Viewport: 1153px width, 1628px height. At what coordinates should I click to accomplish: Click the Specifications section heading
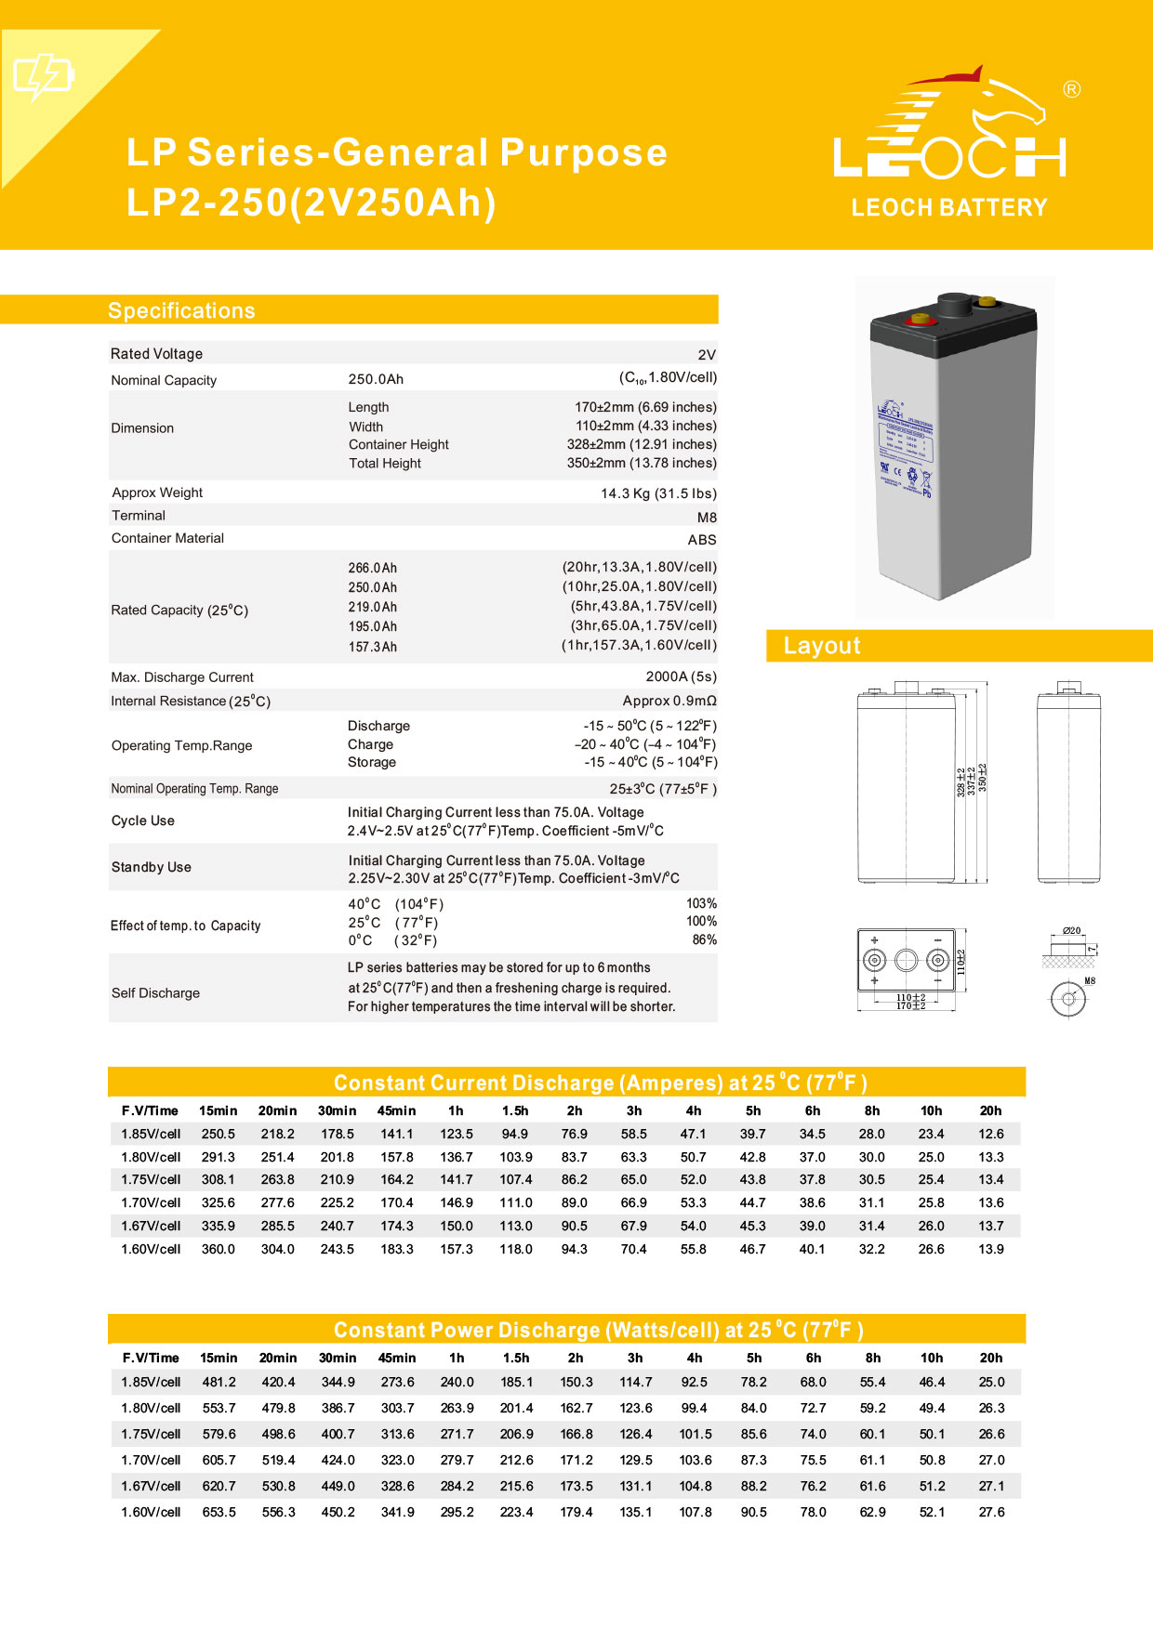tap(181, 310)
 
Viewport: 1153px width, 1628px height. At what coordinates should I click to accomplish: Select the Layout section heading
tap(822, 646)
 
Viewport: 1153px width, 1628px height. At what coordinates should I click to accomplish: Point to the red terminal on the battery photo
tap(921, 320)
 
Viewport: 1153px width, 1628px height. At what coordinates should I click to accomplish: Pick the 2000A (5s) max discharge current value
tap(681, 676)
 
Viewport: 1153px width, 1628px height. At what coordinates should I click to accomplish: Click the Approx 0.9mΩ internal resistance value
tap(669, 701)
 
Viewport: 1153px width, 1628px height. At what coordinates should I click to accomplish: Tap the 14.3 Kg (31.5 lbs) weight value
tap(658, 493)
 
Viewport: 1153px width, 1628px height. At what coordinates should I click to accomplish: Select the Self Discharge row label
tap(155, 992)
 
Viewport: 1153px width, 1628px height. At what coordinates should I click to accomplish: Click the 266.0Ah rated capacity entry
tap(373, 568)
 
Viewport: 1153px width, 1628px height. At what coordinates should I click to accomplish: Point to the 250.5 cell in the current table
tap(219, 1134)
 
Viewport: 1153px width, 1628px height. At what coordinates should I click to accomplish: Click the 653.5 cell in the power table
tap(219, 1512)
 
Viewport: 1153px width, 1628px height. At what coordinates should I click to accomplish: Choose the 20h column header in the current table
tap(990, 1110)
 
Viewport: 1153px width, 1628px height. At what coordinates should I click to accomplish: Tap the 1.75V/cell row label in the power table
tap(151, 1434)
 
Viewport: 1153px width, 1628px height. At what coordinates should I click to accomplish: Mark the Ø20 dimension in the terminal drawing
tap(1071, 930)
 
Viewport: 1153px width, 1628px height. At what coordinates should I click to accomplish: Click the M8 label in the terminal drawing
tap(1090, 980)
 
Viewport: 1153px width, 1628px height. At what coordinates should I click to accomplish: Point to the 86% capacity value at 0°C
tap(704, 939)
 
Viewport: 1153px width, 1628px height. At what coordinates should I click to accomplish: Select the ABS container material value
tap(702, 540)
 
